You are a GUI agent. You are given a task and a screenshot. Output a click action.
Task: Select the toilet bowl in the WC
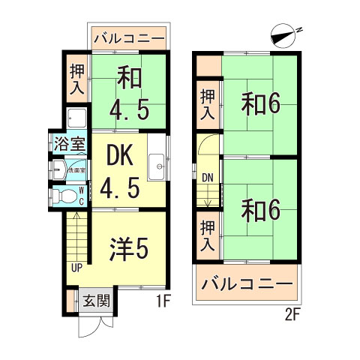pyautogui.click(x=62, y=195)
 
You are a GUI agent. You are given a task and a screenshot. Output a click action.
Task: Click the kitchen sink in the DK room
pyautogui.click(x=157, y=165)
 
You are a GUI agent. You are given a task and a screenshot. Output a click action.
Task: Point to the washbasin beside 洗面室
pyautogui.click(x=58, y=169)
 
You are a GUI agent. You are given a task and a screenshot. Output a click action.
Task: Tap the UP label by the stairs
pyautogui.click(x=76, y=268)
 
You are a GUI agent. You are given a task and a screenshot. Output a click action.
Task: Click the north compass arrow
pyautogui.click(x=282, y=34)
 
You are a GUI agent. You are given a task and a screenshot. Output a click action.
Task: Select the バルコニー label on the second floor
pyautogui.click(x=248, y=286)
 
